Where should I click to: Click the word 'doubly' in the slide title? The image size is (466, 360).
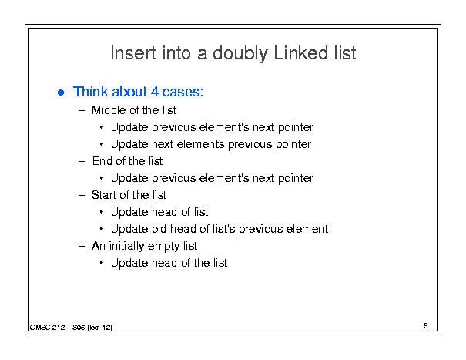tap(240, 54)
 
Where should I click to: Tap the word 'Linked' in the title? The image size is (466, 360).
tap(300, 53)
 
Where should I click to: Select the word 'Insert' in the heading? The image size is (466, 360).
tap(133, 53)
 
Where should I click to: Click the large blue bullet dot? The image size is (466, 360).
tap(61, 93)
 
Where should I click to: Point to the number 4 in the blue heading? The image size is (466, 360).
tap(155, 92)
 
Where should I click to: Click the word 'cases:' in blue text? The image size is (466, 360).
tap(183, 92)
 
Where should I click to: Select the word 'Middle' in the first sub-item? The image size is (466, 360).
tap(107, 110)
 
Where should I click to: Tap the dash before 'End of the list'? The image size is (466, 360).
tap(82, 162)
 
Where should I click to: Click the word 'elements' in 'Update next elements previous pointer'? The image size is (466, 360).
tap(200, 144)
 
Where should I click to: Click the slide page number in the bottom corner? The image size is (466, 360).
tap(426, 326)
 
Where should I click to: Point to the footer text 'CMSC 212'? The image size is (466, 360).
tap(48, 328)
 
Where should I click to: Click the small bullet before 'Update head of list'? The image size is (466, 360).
tap(102, 213)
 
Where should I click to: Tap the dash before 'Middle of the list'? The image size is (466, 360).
tap(82, 111)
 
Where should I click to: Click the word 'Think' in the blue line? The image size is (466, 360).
tap(90, 92)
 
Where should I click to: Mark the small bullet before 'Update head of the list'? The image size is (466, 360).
tap(102, 264)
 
